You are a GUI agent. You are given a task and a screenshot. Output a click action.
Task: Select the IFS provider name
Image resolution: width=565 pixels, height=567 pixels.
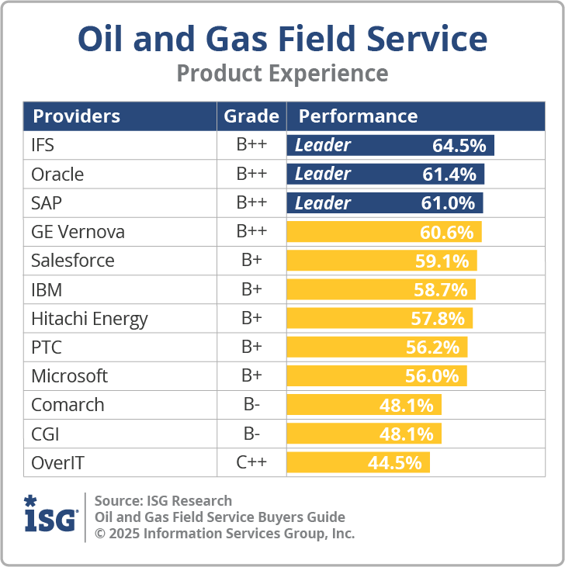tap(43, 145)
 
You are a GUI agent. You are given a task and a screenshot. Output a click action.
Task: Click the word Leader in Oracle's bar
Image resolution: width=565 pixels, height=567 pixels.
tap(323, 174)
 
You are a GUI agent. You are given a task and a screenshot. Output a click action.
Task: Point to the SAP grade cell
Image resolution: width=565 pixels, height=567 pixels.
tap(251, 202)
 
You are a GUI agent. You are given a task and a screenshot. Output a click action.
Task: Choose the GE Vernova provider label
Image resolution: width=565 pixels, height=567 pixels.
tap(78, 232)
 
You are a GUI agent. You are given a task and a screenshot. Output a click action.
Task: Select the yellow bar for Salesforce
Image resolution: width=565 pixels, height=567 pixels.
tap(381, 261)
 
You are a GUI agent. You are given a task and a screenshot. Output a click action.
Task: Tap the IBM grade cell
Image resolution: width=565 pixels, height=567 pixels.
tap(251, 289)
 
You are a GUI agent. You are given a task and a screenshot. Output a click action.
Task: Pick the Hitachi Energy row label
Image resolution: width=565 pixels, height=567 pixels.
tap(89, 319)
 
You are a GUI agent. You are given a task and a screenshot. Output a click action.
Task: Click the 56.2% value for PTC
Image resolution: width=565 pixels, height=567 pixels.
tap(432, 347)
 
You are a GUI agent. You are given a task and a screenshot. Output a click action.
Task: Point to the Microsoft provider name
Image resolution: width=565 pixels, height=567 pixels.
tap(69, 376)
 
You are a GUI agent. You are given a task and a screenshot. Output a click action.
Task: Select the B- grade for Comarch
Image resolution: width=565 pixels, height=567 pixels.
tap(251, 405)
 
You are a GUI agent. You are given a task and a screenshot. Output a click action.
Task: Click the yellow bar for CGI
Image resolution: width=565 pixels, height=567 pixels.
tap(363, 434)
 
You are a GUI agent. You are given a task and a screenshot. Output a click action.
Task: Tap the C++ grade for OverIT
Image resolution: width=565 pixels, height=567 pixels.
tap(251, 463)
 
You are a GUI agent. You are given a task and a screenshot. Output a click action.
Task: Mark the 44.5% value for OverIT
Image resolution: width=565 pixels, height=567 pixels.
tap(395, 463)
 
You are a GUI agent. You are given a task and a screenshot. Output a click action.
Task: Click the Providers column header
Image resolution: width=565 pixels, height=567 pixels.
tap(76, 116)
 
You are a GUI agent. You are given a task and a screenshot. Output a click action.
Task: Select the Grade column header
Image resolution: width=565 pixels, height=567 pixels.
tap(251, 116)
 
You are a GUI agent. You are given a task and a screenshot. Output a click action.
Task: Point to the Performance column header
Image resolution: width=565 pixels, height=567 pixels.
tap(358, 116)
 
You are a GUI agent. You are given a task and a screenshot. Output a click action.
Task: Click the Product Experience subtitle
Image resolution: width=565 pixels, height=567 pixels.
tap(282, 74)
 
